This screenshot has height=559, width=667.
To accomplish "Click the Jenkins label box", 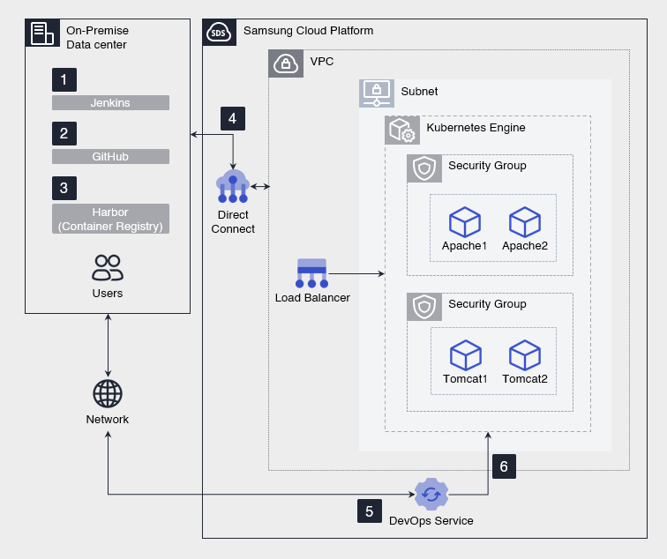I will point(110,103).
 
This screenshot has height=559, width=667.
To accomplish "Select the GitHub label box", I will point(110,157).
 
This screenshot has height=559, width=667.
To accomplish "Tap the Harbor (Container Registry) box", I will point(110,219).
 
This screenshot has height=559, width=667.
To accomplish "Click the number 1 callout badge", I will point(64,79).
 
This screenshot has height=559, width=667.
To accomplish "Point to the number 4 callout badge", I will point(232,118).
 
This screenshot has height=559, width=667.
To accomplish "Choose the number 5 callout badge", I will point(370,511).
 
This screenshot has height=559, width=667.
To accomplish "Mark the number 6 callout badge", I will point(504,466).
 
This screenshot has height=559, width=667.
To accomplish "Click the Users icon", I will point(108,268).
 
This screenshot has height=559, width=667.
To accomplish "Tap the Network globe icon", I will point(108,394).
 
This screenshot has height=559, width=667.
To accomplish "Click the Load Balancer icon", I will point(312,273).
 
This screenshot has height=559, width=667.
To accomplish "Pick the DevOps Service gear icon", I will point(431,495).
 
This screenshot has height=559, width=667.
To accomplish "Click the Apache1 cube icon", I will point(464,221).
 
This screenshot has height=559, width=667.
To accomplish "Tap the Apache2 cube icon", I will point(525,221).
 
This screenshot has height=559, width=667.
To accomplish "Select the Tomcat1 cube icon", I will point(465,355).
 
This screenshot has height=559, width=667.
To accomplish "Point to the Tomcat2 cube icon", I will point(525,355).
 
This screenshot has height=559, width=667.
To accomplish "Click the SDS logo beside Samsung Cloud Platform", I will point(219,33).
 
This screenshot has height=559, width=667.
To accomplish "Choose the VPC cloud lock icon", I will point(285,63).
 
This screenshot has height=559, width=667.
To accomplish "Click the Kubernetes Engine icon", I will point(401,130).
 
